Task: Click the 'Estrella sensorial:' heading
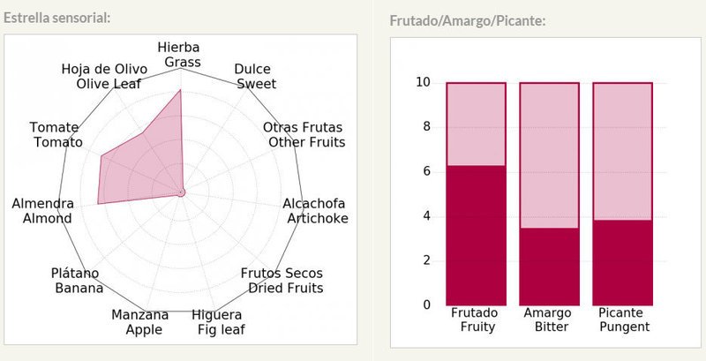57,17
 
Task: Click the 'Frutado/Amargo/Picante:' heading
467,20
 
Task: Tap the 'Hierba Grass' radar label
180,54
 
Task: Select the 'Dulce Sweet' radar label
254,77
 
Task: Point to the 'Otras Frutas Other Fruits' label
304,135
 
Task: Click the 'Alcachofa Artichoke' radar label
315,211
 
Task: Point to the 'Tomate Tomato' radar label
56,135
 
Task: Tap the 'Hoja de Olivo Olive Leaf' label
101,77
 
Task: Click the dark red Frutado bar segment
477,235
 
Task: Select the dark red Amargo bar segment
548,266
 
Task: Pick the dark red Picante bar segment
621,261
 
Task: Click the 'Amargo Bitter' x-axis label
548,320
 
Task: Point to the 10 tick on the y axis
423,83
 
